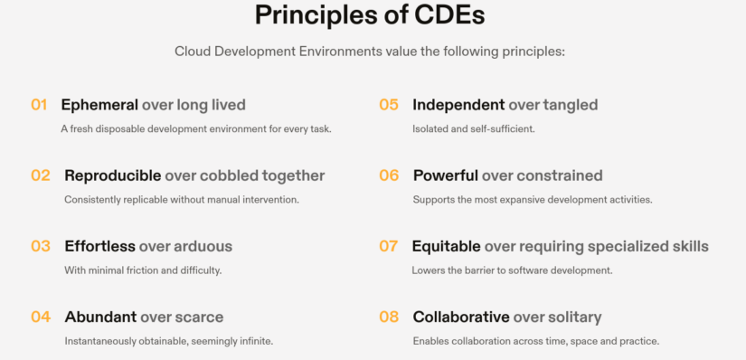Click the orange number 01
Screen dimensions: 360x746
(39, 105)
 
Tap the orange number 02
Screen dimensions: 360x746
(41, 175)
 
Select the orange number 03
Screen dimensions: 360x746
(41, 246)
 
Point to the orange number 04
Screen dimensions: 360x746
(41, 317)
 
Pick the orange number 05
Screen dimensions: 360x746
(389, 105)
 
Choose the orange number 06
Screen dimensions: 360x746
(389, 175)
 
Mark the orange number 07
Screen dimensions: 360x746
(389, 246)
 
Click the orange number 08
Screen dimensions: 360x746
(389, 317)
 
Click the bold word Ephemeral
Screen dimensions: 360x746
(99, 105)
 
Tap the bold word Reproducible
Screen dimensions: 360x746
(113, 175)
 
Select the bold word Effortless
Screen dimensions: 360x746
(99, 246)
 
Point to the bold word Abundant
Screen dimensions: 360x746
(100, 317)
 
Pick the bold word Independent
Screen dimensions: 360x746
(458, 105)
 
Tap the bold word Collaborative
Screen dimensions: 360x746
(461, 317)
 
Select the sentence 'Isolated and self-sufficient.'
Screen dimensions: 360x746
(474, 128)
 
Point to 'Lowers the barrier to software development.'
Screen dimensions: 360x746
(512, 270)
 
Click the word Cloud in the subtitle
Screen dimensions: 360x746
(193, 52)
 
